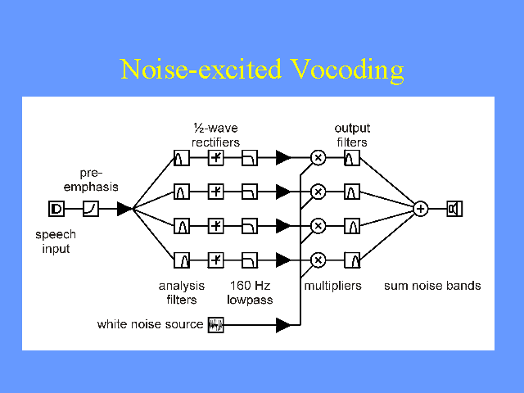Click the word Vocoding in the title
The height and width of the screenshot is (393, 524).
[x=347, y=70]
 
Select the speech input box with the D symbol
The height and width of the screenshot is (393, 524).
[x=56, y=209]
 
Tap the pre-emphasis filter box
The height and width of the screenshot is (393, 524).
[x=91, y=209]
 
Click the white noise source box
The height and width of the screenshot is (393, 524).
[x=216, y=325]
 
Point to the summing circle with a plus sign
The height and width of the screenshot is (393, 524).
[x=420, y=209]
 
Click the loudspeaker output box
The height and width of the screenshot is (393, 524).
[x=454, y=209]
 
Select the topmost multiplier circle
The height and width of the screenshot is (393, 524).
[x=318, y=158]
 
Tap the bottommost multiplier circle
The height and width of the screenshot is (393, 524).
[x=318, y=260]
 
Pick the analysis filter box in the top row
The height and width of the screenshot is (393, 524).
[x=182, y=158]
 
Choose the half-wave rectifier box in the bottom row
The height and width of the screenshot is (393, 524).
[x=216, y=260]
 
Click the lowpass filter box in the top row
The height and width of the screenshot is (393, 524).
[x=250, y=158]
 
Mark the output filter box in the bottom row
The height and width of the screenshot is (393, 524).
[x=352, y=260]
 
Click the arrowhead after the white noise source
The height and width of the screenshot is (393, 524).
[x=283, y=325]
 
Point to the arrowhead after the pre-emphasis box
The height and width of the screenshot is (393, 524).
[x=124, y=209]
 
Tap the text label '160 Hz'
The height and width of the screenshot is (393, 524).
[x=250, y=286]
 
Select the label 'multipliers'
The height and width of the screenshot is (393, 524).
[x=333, y=286]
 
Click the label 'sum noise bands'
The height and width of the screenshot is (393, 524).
[x=432, y=286]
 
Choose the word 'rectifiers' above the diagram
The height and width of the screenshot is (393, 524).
[x=216, y=142]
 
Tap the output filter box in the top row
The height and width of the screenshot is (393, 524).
[x=352, y=158]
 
